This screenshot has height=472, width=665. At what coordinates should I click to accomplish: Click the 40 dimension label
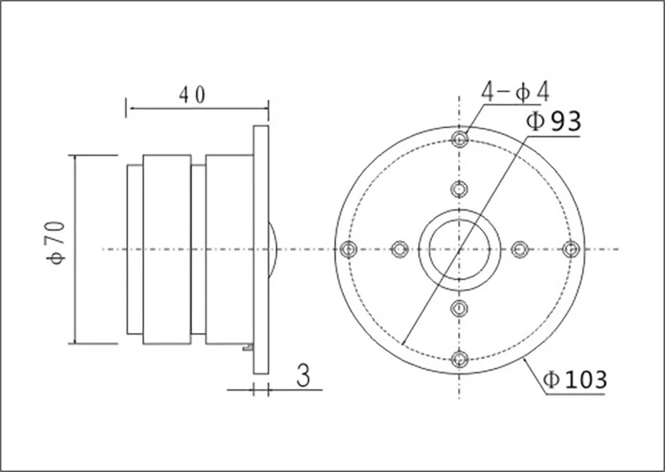pyautogui.click(x=192, y=95)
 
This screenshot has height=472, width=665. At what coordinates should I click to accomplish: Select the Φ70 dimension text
pyautogui.click(x=57, y=243)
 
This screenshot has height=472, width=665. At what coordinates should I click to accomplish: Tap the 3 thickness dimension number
pyautogui.click(x=303, y=376)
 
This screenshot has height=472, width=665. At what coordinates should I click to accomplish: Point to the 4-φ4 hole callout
pyautogui.click(x=515, y=91)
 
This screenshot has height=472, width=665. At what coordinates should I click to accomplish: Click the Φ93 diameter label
pyautogui.click(x=554, y=121)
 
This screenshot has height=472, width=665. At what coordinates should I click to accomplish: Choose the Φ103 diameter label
pyautogui.click(x=575, y=380)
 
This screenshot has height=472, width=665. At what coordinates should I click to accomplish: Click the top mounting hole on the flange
pyautogui.click(x=460, y=139)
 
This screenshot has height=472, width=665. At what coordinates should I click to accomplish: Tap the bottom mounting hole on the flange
pyautogui.click(x=460, y=359)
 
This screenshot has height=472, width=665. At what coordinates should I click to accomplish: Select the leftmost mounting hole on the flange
pyautogui.click(x=348, y=249)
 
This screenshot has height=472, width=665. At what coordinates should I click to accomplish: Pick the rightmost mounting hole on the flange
pyautogui.click(x=571, y=249)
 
